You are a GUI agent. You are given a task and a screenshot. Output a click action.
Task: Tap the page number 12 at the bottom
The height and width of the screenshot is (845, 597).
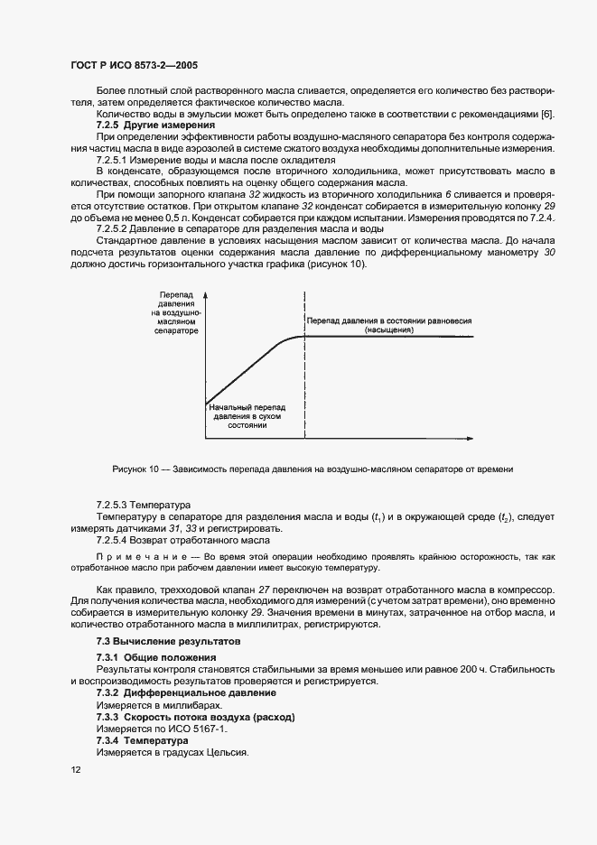point(75,770)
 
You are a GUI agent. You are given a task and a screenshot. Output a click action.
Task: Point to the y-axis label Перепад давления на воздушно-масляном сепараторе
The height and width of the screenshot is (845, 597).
point(176,314)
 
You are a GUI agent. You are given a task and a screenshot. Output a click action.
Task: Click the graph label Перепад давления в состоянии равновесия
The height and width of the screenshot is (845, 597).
point(389,321)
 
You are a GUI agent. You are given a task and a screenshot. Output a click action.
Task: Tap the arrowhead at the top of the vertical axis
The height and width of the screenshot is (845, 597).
point(207,295)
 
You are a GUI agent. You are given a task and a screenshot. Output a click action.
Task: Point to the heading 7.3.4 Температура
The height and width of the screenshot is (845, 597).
point(141,739)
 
